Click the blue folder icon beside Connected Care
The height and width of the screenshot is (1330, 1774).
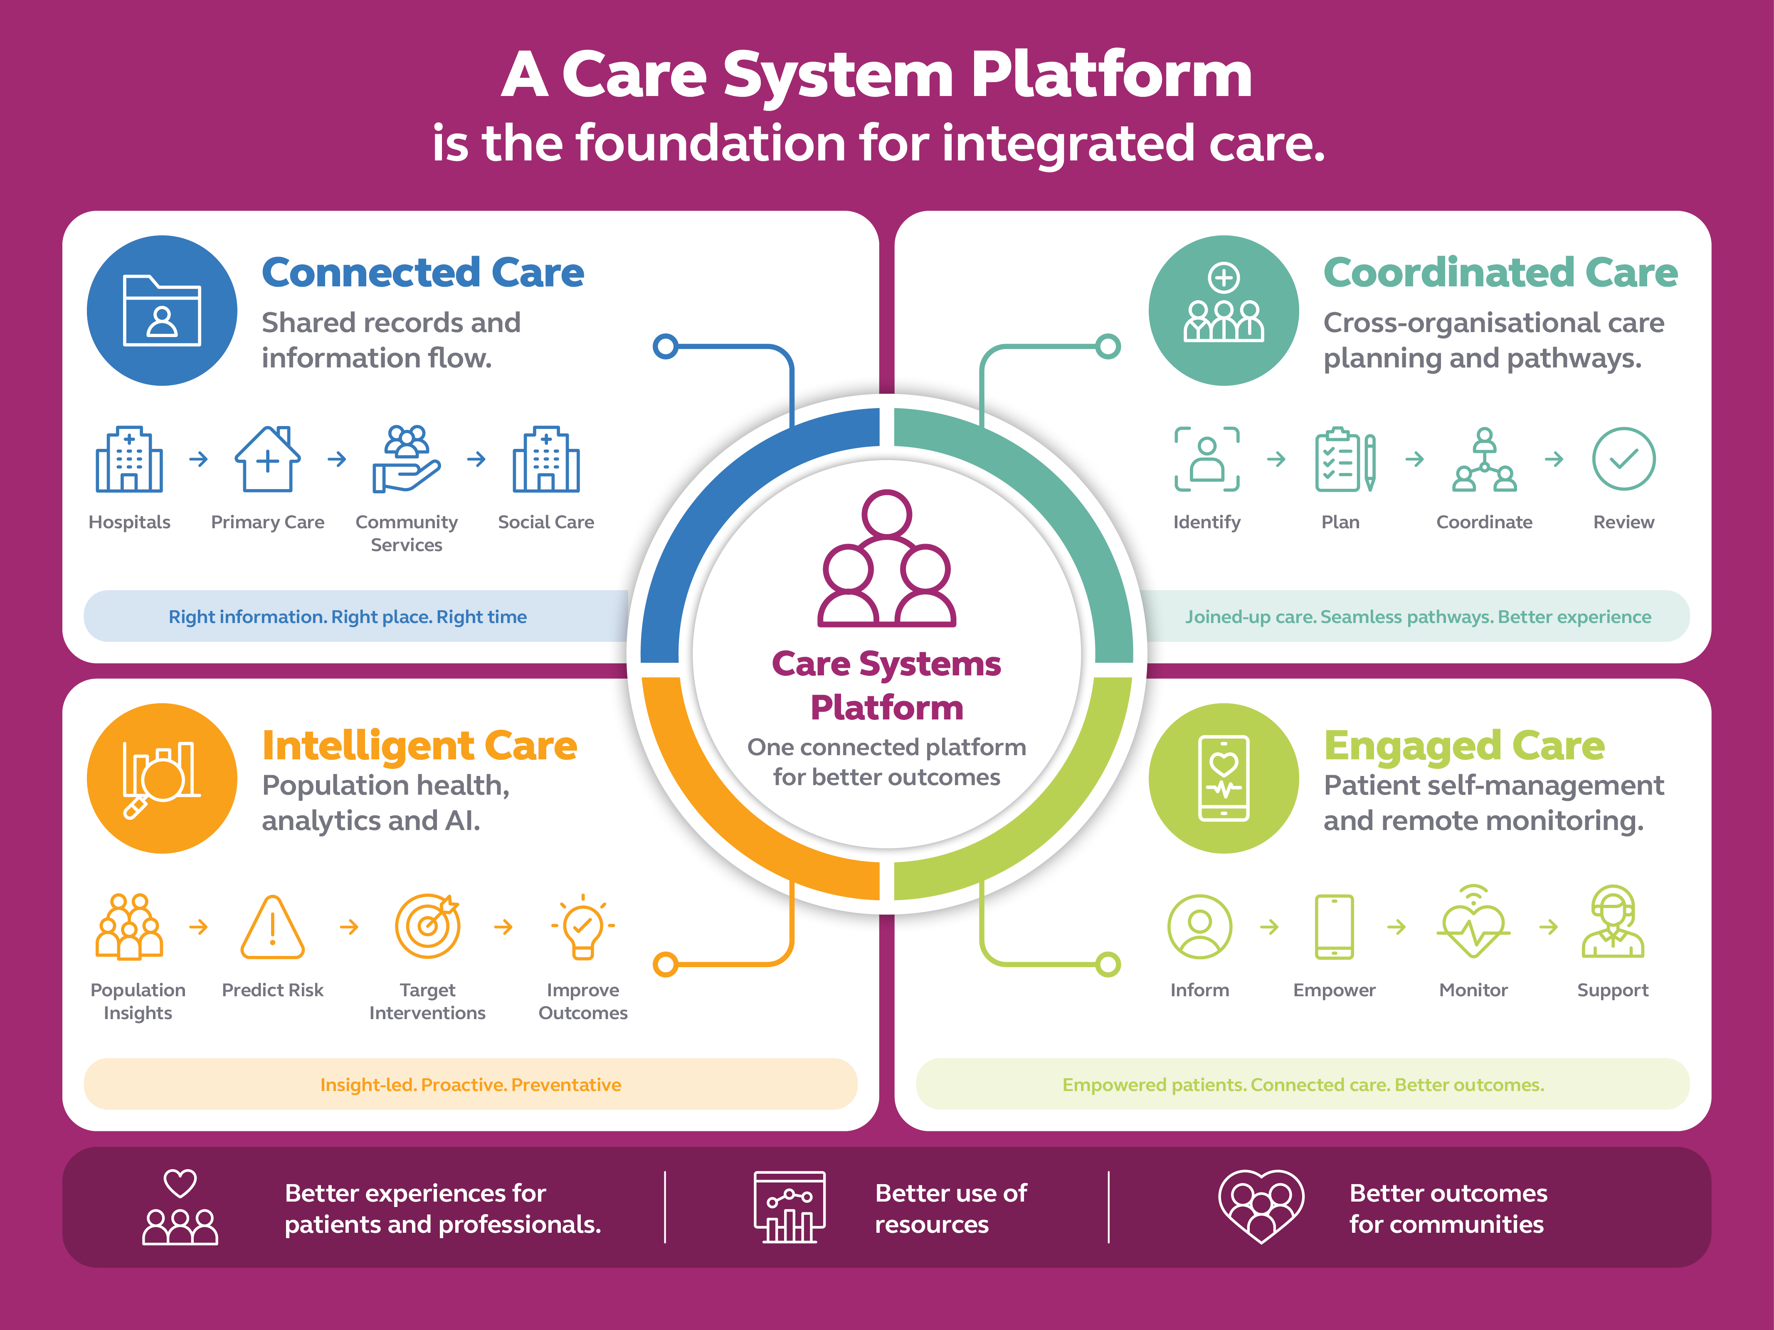tap(162, 310)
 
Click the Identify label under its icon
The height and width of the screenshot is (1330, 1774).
tap(1206, 523)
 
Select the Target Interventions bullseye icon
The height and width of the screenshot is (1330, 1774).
tap(427, 926)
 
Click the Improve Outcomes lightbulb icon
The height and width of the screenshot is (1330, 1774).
tap(583, 926)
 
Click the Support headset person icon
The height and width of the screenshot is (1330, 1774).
tap(1613, 922)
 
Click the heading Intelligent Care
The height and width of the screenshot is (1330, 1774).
tap(419, 746)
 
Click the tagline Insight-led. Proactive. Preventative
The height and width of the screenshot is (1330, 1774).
tap(471, 1085)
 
